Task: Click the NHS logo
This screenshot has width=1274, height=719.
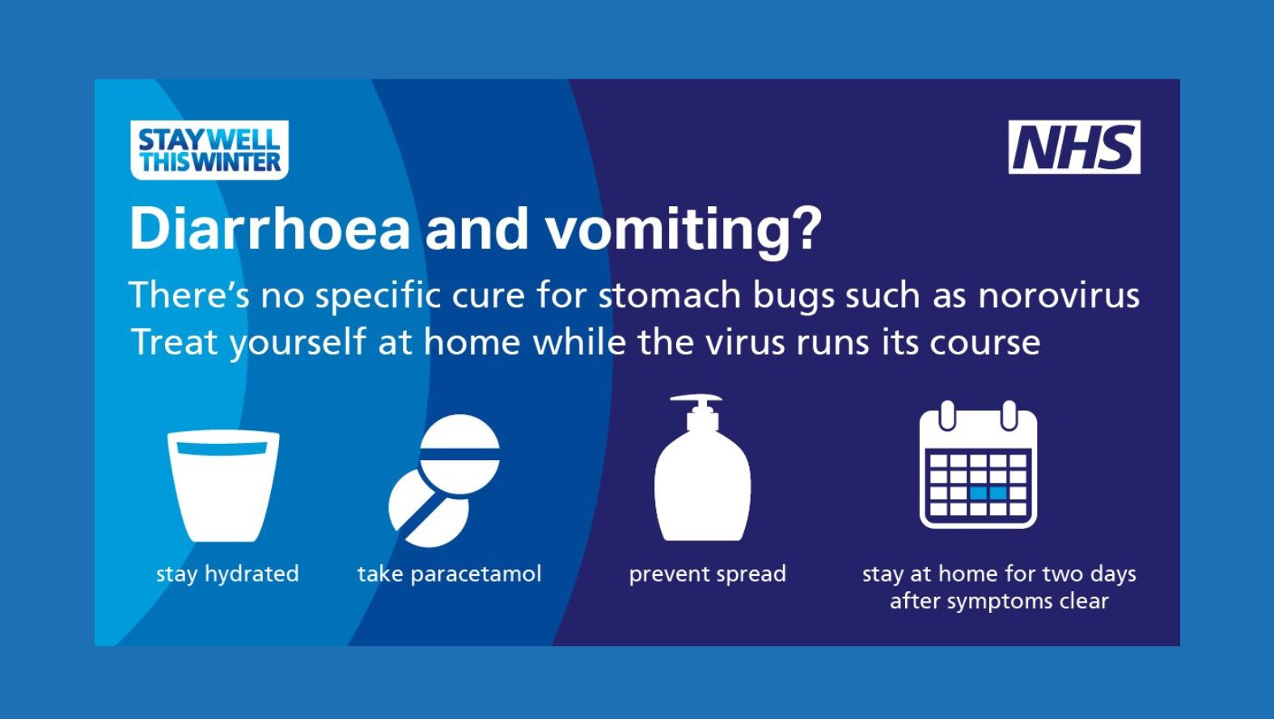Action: (1074, 146)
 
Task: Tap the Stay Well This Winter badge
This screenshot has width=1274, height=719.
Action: (210, 150)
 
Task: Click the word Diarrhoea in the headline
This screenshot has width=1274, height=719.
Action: (269, 228)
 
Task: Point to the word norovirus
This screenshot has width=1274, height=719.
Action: (1059, 296)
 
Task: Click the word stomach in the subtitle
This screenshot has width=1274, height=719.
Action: (670, 295)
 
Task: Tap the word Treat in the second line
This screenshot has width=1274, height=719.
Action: (175, 342)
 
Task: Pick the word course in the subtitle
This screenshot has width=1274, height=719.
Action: (985, 343)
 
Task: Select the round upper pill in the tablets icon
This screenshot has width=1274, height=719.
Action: (459, 454)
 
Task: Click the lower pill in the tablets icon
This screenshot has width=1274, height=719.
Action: (428, 509)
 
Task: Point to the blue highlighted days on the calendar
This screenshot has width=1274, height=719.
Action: (988, 493)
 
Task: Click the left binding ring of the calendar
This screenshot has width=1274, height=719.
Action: (947, 416)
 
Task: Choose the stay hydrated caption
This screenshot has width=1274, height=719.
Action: (227, 574)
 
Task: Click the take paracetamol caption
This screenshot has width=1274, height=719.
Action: (449, 574)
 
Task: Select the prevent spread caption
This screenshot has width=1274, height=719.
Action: (708, 574)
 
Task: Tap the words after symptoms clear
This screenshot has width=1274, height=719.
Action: (999, 601)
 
